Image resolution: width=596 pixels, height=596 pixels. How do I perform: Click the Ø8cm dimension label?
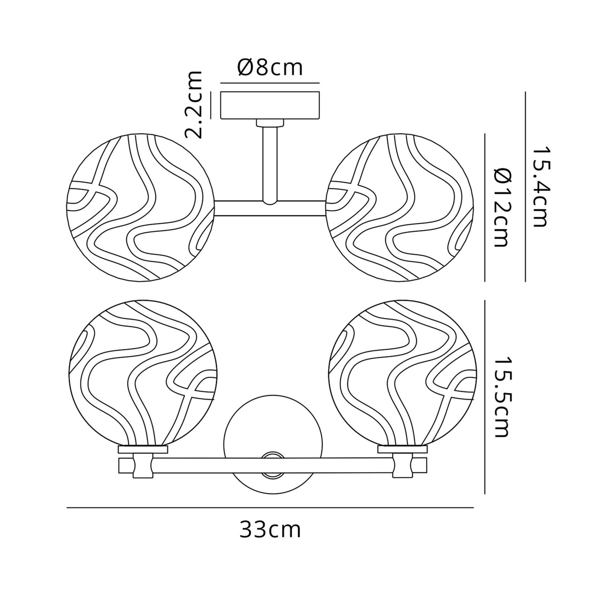coord(270,68)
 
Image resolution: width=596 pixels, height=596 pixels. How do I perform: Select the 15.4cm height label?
coord(540,186)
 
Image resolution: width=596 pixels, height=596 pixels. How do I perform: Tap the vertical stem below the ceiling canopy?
coord(270,164)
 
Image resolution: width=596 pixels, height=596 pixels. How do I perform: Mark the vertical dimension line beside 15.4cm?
coord(525,186)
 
